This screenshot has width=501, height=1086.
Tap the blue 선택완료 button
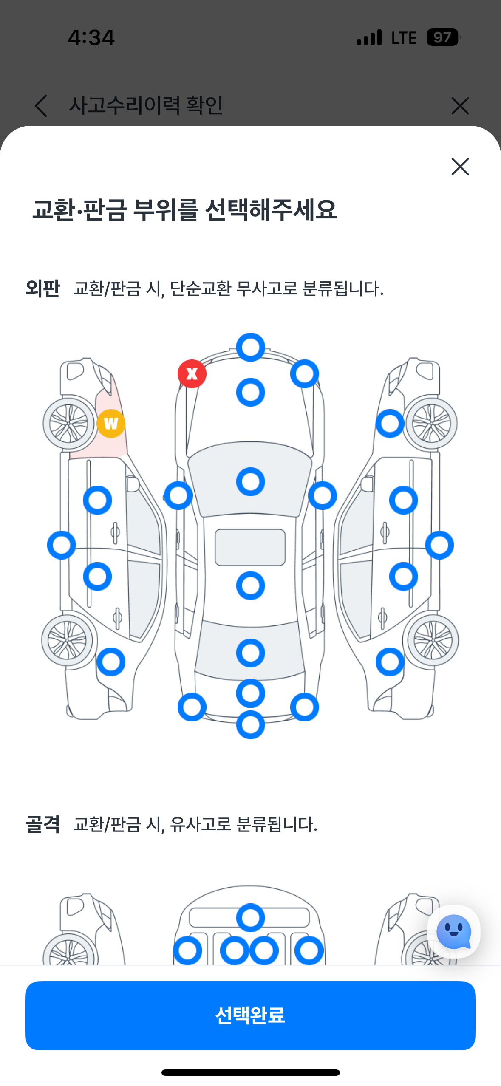(250, 1015)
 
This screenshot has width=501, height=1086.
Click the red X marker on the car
(192, 374)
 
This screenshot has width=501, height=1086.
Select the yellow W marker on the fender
(111, 424)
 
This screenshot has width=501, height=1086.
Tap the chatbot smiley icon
(453, 931)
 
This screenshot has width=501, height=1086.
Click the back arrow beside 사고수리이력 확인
(41, 105)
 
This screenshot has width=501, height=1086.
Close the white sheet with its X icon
(460, 167)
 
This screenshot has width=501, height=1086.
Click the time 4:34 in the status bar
(91, 37)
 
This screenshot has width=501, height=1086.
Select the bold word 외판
(43, 288)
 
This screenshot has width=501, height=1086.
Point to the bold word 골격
(43, 824)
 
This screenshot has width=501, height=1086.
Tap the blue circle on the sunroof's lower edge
(251, 585)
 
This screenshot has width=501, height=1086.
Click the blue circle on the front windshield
(251, 482)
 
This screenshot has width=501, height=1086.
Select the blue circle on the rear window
(251, 653)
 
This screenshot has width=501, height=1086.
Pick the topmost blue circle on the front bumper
(251, 347)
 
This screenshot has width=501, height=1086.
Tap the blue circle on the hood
(251, 392)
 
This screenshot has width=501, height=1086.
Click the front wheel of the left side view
(69, 424)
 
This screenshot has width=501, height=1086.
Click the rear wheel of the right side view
(433, 640)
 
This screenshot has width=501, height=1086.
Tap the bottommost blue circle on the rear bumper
(251, 725)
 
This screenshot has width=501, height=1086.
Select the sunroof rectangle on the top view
(250, 547)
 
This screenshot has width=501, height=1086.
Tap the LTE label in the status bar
(404, 38)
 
